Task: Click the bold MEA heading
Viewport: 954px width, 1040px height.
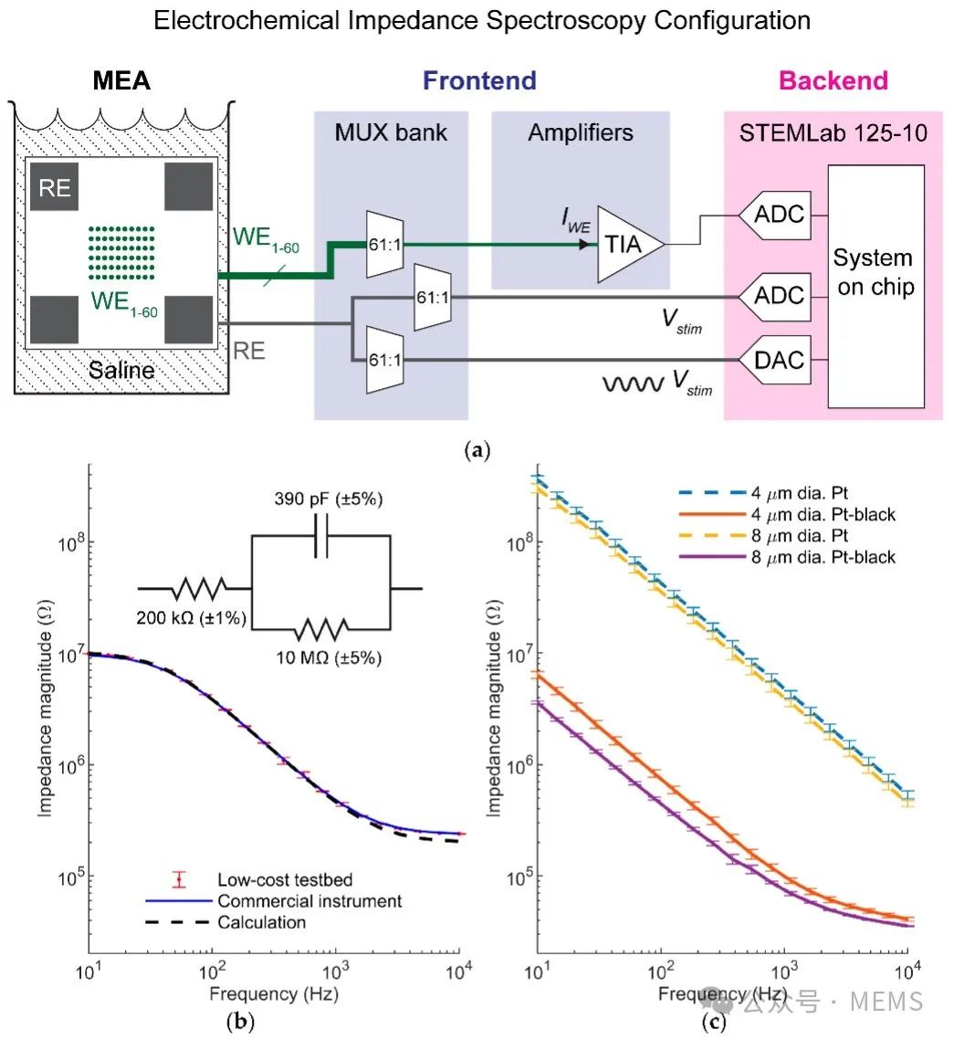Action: click(121, 82)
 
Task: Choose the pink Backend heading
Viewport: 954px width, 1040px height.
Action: click(833, 80)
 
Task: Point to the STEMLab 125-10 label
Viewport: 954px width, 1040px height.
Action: click(833, 134)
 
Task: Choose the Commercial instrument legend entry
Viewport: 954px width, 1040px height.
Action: click(309, 901)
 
